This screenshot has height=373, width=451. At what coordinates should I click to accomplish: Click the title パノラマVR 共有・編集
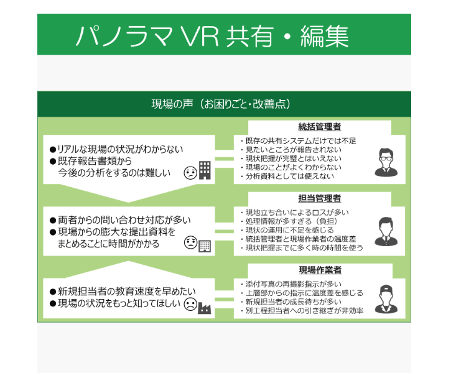coord(212,36)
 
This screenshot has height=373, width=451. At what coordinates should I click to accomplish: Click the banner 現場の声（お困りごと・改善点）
coord(221,104)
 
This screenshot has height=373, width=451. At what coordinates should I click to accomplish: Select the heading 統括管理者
coord(320,127)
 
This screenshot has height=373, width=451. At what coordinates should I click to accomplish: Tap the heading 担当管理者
coord(320,198)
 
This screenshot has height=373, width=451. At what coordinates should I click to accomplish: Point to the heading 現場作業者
coord(320,270)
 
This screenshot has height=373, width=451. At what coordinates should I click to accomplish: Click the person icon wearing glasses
coord(386,162)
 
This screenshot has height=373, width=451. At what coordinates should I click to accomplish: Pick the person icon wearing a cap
coord(386,299)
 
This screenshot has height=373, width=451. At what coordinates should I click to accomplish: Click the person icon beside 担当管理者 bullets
coord(386,232)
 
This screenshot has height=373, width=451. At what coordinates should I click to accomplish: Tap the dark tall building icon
coord(205,170)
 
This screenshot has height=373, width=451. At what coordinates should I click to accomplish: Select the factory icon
coord(205,308)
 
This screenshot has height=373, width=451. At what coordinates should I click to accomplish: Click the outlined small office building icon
coord(205,246)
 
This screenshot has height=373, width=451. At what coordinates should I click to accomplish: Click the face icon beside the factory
coord(190,305)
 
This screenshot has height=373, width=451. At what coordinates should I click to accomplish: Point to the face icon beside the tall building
coord(190,173)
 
